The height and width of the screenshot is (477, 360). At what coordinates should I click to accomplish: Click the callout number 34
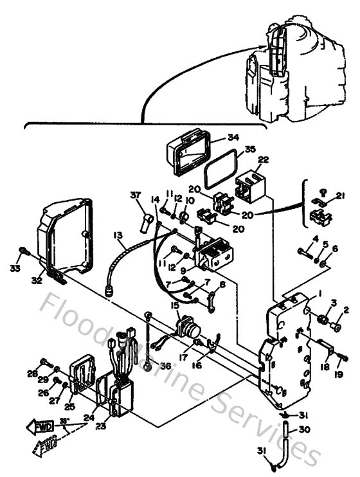[x=215, y=137]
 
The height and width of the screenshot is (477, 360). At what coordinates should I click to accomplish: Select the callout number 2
[x=346, y=310]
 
